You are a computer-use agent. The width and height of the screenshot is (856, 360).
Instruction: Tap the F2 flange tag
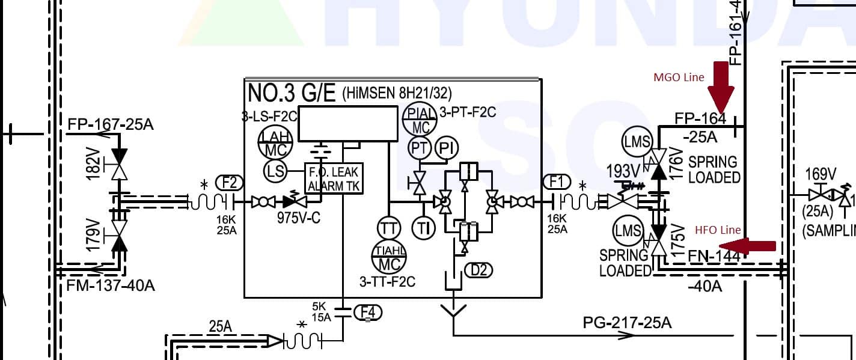pos(230,182)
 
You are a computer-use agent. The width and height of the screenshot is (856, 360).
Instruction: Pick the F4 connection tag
pos(368,312)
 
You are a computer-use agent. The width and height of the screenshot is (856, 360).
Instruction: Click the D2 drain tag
pos(478,270)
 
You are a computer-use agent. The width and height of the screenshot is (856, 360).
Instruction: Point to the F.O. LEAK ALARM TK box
pos(334,178)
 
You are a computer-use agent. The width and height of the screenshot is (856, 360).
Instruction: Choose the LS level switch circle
pos(275,171)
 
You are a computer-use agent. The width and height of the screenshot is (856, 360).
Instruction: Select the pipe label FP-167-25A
pos(111,124)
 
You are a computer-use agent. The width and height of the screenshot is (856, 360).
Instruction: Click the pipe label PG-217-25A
pos(627,323)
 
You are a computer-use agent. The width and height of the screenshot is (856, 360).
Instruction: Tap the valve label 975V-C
pos(298,218)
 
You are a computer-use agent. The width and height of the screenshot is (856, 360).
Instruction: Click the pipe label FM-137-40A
pos(111,285)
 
